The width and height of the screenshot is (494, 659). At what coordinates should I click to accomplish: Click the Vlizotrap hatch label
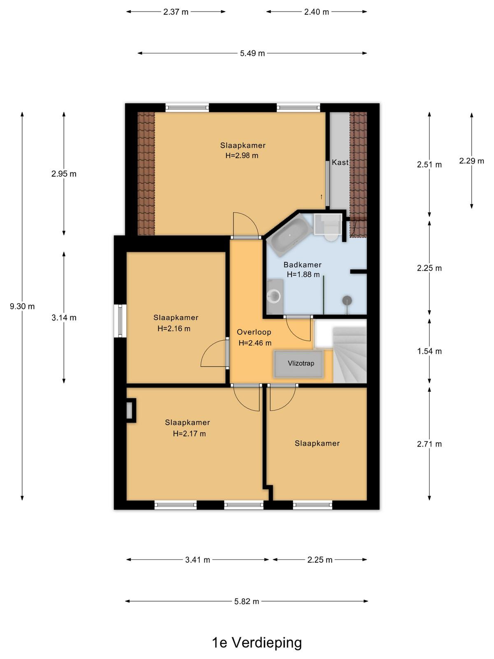[x=301, y=363]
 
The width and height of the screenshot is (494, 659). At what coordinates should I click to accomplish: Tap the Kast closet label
[x=340, y=162]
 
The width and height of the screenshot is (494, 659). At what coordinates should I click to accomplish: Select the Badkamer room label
[x=302, y=265]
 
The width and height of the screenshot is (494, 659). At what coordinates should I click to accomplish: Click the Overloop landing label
[x=254, y=332]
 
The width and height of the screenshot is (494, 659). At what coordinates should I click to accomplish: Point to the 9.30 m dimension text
[x=22, y=306]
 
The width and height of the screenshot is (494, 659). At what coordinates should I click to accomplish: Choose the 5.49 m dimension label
[x=252, y=54]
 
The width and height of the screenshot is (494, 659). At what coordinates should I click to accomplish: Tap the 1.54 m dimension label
[x=429, y=351]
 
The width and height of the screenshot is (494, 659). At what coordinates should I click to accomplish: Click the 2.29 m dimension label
[x=471, y=161]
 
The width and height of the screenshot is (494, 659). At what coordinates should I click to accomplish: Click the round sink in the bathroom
[x=273, y=296]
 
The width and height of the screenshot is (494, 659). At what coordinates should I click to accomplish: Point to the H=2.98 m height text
[x=242, y=156]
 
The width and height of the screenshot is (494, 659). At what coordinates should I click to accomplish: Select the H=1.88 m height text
[x=303, y=274]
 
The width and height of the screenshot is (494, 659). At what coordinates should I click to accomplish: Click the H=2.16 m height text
[x=174, y=328]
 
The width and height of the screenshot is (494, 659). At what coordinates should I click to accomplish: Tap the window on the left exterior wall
[x=120, y=321]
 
